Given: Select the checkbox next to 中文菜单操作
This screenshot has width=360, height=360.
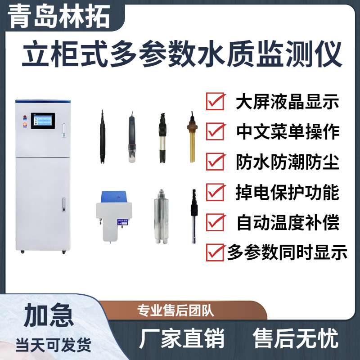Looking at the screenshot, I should tap(215, 131).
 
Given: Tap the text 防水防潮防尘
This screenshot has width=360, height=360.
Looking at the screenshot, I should tap(288, 162).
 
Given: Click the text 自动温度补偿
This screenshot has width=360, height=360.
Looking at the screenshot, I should tap(288, 222).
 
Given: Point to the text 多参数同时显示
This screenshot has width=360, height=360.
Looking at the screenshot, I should tap(287, 252).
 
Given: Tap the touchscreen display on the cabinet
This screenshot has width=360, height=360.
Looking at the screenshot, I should tap(43, 121).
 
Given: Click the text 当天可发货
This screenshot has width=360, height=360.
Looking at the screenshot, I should tap(54, 345).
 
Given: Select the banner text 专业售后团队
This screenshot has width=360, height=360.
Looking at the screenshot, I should tap(176, 310).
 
